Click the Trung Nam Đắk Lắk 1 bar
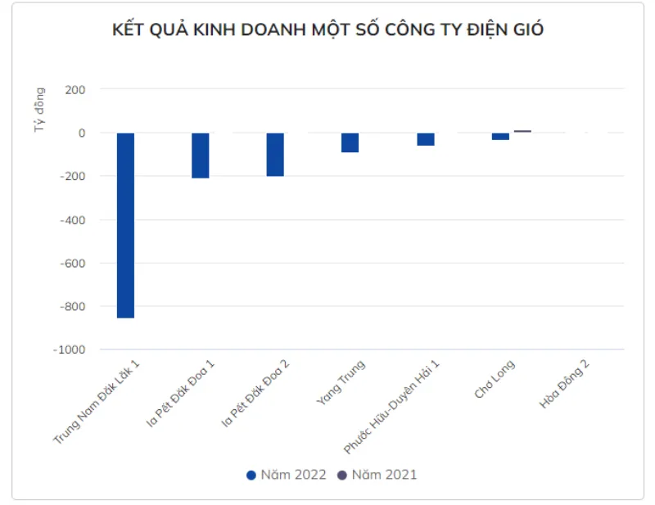[x=125, y=225]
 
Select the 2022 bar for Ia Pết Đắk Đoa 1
[x=201, y=156]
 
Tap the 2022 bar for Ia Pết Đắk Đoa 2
[x=275, y=155]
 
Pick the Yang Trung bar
[x=350, y=142]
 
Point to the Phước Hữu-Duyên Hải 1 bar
[x=426, y=139]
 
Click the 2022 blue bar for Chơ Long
[x=500, y=136]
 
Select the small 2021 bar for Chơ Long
[x=522, y=131]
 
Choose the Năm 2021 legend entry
[x=377, y=475]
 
